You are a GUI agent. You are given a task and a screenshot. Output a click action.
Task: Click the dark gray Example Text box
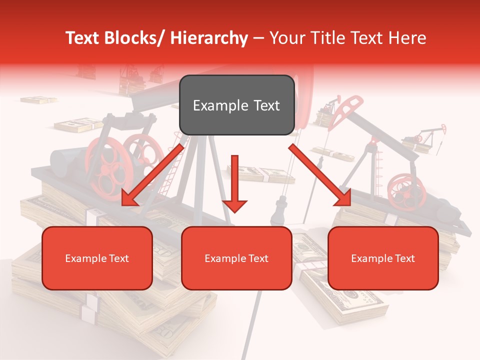point(236,105)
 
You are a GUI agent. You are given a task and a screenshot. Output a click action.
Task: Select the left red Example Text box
point(97,258)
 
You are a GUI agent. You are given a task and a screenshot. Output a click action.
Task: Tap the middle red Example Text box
point(236,258)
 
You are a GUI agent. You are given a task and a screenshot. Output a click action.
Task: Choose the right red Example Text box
point(383,258)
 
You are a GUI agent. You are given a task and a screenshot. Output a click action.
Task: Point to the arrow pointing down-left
point(152,175)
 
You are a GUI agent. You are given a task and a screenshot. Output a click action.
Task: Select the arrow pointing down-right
point(320,175)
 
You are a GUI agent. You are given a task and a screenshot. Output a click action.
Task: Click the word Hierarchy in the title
point(209,38)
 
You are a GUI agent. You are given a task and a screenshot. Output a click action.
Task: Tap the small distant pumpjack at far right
point(431,135)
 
